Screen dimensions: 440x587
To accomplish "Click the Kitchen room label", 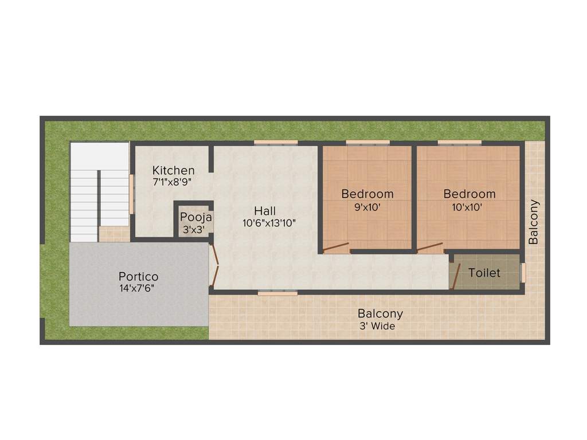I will click(173, 170).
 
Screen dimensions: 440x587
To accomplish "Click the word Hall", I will click(265, 211).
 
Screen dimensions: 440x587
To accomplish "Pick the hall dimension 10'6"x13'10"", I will click(269, 223).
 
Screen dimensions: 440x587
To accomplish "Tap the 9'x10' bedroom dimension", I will click(367, 207).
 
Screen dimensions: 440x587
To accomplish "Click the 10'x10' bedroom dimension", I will click(469, 207).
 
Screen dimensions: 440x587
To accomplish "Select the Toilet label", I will click(484, 273).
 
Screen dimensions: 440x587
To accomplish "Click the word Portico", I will click(138, 277).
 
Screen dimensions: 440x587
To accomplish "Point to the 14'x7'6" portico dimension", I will click(137, 289).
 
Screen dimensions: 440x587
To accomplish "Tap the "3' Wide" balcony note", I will click(377, 327).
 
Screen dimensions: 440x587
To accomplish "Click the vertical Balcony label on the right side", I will click(534, 222).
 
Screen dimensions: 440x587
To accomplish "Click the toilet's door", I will click(456, 277).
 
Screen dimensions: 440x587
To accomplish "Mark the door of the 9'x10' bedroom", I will click(336, 248).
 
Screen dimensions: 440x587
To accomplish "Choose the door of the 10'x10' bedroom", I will click(430, 247).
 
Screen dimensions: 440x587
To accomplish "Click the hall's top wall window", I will click(276, 142).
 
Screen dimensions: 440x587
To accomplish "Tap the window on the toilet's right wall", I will click(522, 273).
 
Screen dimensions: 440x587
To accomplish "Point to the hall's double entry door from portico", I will click(214, 265).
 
